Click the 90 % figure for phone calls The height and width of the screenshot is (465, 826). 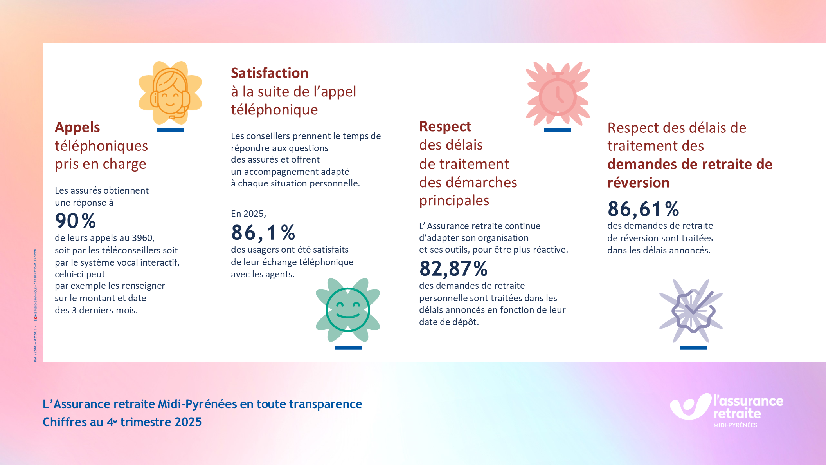point(76,221)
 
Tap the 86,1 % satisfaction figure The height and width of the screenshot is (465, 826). point(263,233)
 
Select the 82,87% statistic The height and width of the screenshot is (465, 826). point(453,269)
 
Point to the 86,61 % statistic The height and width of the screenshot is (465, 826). point(643,209)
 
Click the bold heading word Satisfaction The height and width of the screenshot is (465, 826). point(270,73)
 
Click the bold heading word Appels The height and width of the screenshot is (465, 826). point(77,127)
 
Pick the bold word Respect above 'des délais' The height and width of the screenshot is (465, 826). point(445,127)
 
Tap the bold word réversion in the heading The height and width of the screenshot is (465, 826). point(639,183)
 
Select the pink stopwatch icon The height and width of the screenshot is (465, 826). point(558,94)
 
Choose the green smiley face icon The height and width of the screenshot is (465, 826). point(348,309)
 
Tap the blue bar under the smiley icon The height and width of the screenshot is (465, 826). point(348,348)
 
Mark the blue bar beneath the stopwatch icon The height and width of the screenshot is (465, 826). point(558,130)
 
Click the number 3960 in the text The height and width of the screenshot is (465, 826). point(142,238)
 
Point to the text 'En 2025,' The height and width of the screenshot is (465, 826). point(248,214)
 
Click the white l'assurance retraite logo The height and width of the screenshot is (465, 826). point(727,407)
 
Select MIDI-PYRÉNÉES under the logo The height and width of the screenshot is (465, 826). point(735,425)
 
